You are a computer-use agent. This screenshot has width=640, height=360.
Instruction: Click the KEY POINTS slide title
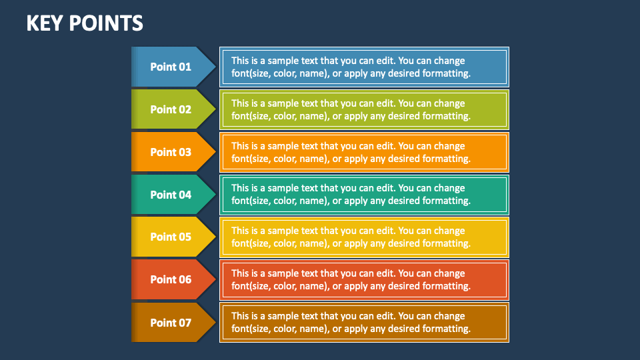point(85,23)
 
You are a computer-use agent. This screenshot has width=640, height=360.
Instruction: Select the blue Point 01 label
point(171,67)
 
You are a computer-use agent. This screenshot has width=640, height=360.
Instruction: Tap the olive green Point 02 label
point(171,109)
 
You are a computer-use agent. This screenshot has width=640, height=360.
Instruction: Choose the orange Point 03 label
point(171,152)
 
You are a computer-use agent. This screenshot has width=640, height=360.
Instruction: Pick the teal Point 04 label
point(171,195)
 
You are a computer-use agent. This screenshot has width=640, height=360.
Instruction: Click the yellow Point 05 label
point(171,237)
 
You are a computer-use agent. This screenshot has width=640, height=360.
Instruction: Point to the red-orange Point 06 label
point(171,279)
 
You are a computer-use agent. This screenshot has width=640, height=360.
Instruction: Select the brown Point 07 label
point(171,323)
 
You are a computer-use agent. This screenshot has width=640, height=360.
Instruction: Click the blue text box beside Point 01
point(364,67)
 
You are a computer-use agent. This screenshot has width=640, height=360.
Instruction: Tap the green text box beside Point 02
point(364,109)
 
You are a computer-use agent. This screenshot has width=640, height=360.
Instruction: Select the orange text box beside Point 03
point(364,152)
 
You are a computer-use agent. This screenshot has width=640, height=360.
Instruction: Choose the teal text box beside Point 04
point(364,195)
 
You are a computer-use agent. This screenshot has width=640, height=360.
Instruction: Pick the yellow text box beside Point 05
point(364,237)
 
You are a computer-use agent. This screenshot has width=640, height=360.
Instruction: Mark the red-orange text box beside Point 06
point(364,279)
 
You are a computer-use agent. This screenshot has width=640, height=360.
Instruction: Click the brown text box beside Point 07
point(364,323)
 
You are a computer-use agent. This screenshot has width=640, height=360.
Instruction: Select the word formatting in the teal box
point(447,201)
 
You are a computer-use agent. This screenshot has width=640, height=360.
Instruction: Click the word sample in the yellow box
point(283,231)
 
